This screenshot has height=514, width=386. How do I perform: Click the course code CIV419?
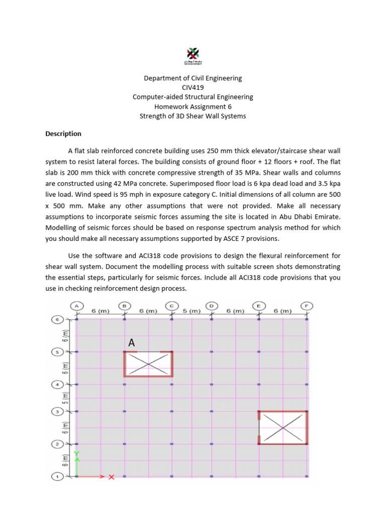point(193,87)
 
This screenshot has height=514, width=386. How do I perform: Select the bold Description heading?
point(63,134)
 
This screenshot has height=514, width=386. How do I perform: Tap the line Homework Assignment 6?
point(193,106)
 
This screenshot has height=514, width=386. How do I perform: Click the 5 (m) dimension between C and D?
point(191,311)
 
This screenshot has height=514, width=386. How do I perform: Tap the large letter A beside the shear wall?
point(132,343)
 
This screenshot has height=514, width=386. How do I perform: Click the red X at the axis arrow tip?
point(112,477)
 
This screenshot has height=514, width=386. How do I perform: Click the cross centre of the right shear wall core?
point(283,428)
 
